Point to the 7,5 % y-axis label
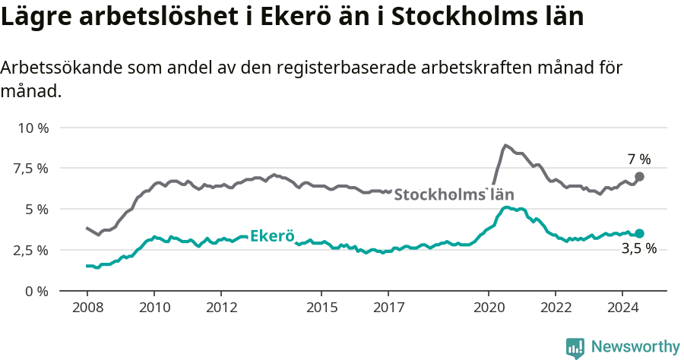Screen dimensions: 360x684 pyautogui.click(x=30, y=168)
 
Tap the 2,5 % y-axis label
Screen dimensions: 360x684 pyautogui.click(x=30, y=250)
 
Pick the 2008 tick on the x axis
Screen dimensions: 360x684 pyautogui.click(x=87, y=308)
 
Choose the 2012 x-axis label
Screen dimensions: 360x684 pyautogui.click(x=220, y=308)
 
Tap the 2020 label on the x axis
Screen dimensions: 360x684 pyautogui.click(x=488, y=308)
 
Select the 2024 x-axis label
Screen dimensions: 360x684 pyautogui.click(x=622, y=308)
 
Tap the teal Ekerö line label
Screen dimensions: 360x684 pyautogui.click(x=272, y=235)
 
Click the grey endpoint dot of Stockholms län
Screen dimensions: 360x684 pyautogui.click(x=639, y=176)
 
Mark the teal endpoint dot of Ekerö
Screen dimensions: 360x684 pyautogui.click(x=639, y=234)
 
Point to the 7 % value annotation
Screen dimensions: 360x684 pyautogui.click(x=639, y=159)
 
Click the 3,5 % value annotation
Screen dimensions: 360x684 pyautogui.click(x=638, y=248)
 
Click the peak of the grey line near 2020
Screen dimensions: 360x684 pyautogui.click(x=505, y=145)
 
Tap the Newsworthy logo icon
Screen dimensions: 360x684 pyautogui.click(x=575, y=348)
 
